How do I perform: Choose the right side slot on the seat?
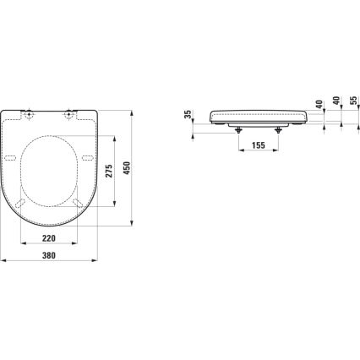(x=86, y=158)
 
